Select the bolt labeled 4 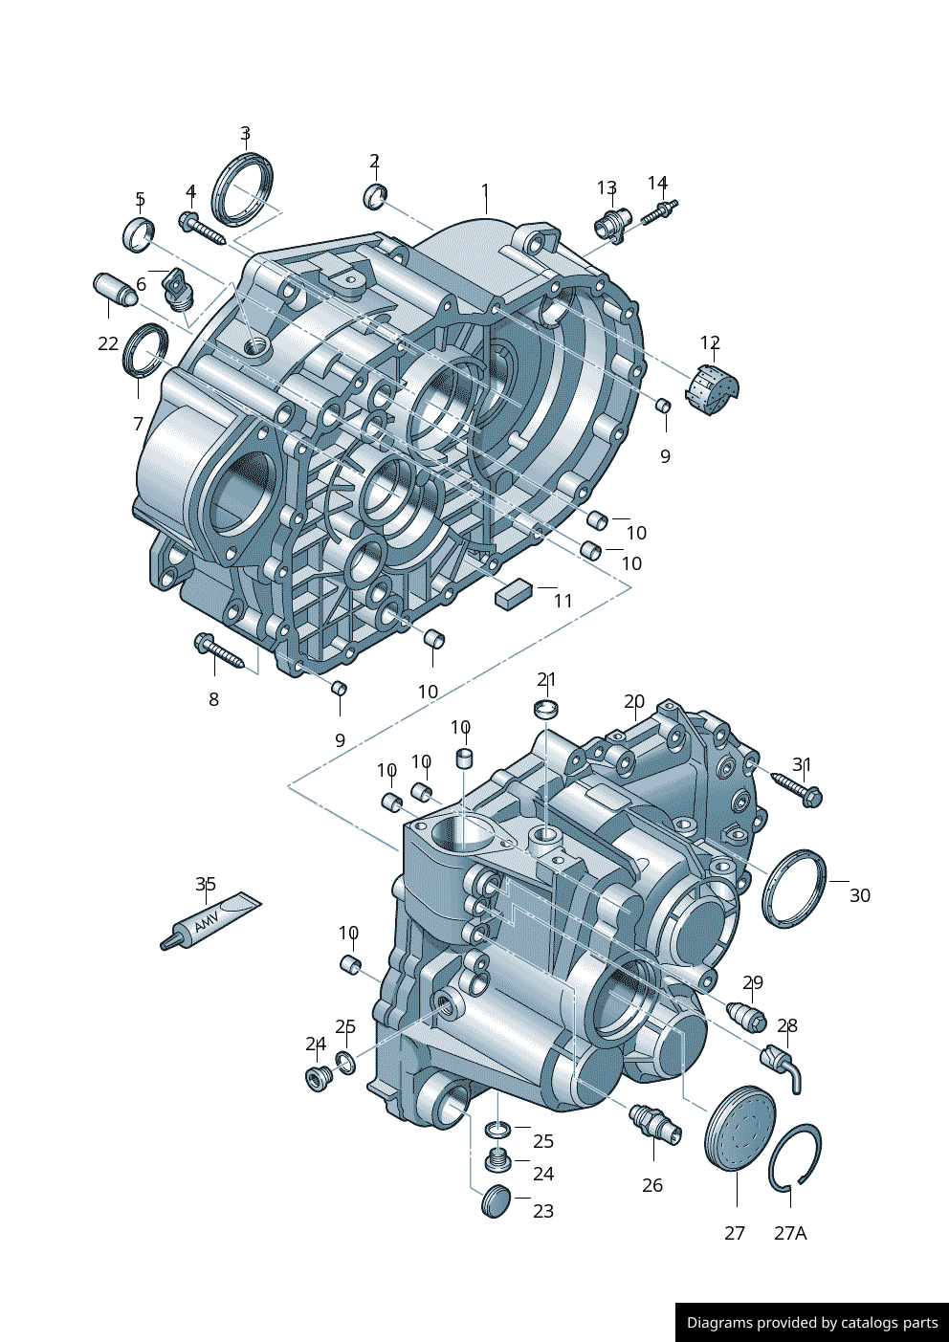pyautogui.click(x=202, y=228)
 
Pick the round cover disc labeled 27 pyautogui.click(x=739, y=1128)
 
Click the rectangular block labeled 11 pyautogui.click(x=514, y=592)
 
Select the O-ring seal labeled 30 pyautogui.click(x=793, y=889)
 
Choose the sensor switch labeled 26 pyautogui.click(x=655, y=1123)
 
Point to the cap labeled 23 pyautogui.click(x=496, y=1200)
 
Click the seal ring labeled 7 pyautogui.click(x=145, y=351)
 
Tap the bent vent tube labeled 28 pyautogui.click(x=783, y=1066)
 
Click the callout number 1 pyautogui.click(x=485, y=190)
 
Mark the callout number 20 pyautogui.click(x=634, y=702)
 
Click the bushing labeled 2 pyautogui.click(x=375, y=195)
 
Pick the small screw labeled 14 pyautogui.click(x=659, y=211)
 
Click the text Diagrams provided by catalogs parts pyautogui.click(x=812, y=1323)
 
